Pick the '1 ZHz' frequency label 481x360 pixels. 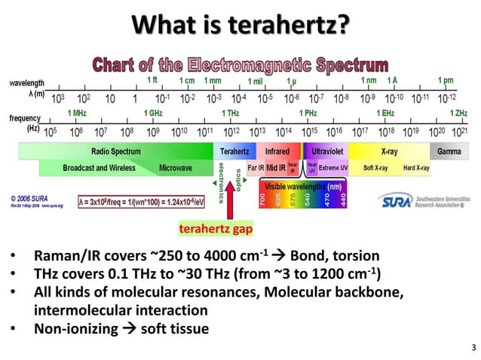click(x=458, y=112)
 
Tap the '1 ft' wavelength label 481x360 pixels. click(x=152, y=81)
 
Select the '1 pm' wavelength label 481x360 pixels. click(x=446, y=81)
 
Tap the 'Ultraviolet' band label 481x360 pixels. click(x=329, y=151)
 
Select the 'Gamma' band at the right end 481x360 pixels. click(x=449, y=151)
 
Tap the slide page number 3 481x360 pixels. click(x=473, y=347)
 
